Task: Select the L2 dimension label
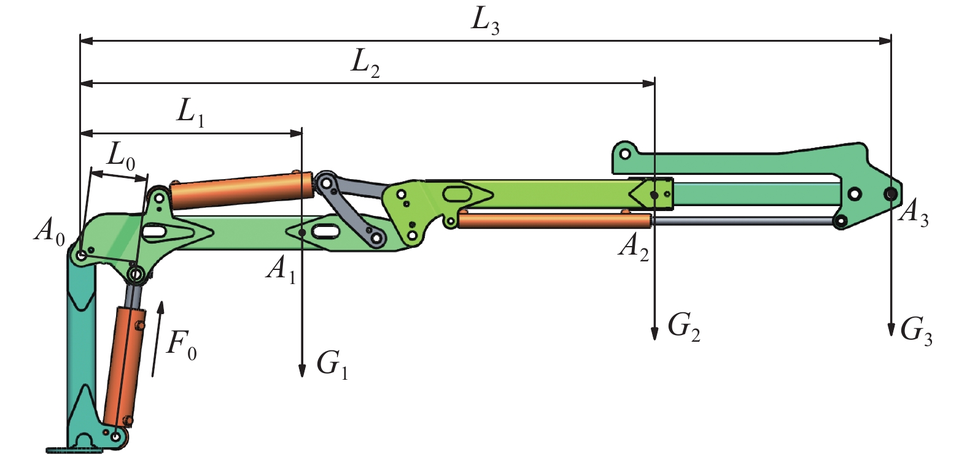pyautogui.click(x=365, y=63)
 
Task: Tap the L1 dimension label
pyautogui.click(x=190, y=112)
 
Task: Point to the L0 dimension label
pyautogui.click(x=121, y=156)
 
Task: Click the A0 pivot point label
pyautogui.click(x=49, y=231)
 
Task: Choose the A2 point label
pyautogui.click(x=634, y=247)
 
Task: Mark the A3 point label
pyautogui.click(x=914, y=213)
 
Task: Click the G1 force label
pyautogui.click(x=332, y=364)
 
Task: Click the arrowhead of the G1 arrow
pyautogui.click(x=302, y=371)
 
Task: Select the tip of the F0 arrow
pyautogui.click(x=161, y=304)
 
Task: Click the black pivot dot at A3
pyautogui.click(x=890, y=194)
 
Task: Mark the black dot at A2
pyautogui.click(x=654, y=195)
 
